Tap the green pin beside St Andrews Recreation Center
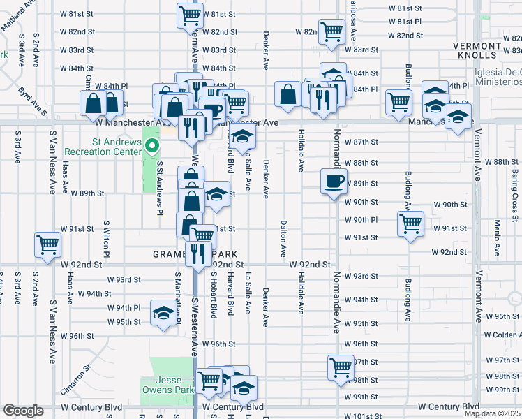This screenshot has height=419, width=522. click(154, 145)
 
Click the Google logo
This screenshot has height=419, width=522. click(23, 411)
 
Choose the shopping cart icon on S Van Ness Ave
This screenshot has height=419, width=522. click(48, 245)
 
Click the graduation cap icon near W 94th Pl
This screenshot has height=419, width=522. click(163, 313)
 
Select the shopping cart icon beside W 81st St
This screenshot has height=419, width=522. click(190, 15)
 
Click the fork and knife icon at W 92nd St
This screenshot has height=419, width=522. click(198, 254)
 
